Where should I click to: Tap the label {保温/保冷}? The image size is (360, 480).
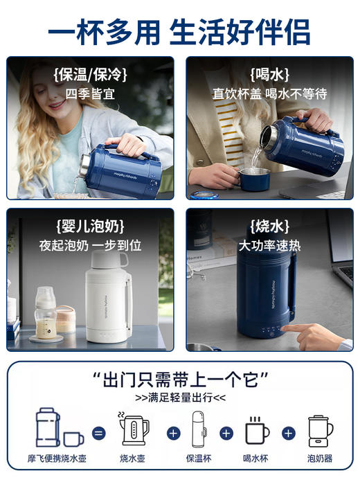coord(90,74)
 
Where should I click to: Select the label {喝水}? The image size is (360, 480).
coord(269,74)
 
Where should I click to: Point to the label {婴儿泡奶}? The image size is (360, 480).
coord(90,226)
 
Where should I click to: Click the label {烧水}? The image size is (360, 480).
coord(269,226)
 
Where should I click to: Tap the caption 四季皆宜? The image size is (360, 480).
coord(90,93)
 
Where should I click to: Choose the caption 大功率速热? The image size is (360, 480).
coord(269,245)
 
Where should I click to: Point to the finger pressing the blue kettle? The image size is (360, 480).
coord(295,330)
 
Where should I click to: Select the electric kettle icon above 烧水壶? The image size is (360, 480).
coord(135,429)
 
